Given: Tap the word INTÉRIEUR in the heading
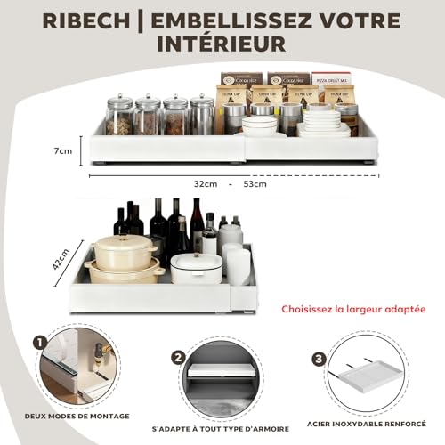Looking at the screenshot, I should tap(222, 43).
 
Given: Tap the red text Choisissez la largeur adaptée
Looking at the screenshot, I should tap(352, 310).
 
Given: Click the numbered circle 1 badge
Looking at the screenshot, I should tap(41, 341).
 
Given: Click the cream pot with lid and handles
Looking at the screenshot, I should tap(125, 256).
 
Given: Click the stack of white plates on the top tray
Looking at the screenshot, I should tap(322, 122).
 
